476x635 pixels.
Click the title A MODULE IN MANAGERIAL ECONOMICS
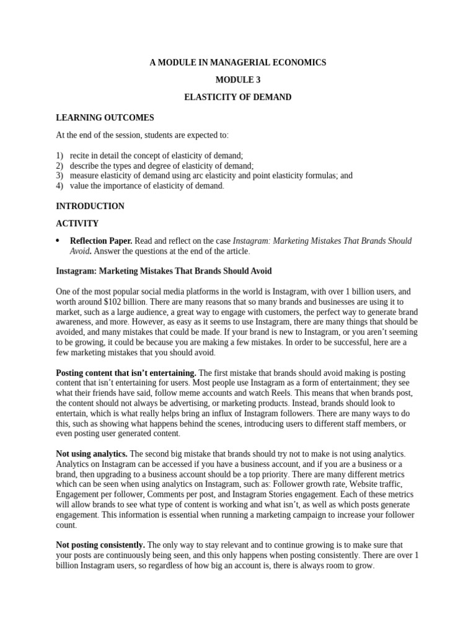238,63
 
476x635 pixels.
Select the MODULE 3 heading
238,80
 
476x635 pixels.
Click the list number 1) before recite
59,156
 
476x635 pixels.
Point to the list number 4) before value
59,185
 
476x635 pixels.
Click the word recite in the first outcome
81,156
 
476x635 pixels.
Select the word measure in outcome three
85,175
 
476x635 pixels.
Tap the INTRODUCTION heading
90,206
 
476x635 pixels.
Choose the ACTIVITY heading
77,223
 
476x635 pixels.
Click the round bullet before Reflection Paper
58,241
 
